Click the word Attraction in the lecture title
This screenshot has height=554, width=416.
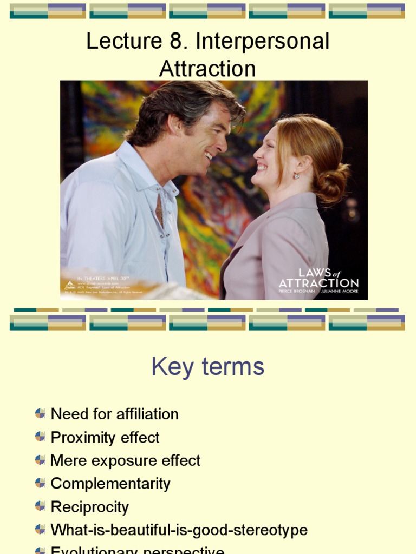click(x=207, y=69)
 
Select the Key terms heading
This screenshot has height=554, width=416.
click(x=208, y=367)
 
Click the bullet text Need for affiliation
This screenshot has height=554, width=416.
click(x=114, y=414)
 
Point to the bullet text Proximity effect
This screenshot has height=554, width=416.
click(x=105, y=437)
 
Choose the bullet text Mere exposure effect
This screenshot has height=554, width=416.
click(x=125, y=460)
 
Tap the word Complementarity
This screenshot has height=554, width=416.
click(x=110, y=484)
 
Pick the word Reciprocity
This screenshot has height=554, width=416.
click(x=90, y=507)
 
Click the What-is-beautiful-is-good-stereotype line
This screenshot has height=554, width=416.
click(x=179, y=530)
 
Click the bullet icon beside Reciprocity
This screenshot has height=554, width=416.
click(x=40, y=506)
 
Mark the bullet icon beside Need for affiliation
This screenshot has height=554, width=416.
click(x=40, y=413)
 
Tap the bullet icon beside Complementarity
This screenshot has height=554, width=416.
click(x=40, y=483)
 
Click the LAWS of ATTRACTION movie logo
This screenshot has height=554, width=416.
click(x=318, y=279)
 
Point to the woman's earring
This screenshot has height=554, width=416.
click(x=296, y=176)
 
